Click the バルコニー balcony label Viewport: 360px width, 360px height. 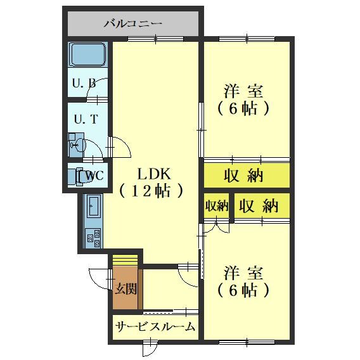click(x=133, y=24)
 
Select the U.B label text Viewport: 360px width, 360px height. click(x=84, y=83)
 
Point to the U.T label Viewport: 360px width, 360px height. click(x=85, y=119)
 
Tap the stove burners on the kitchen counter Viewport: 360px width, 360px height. click(x=93, y=238)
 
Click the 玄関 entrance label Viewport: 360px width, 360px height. click(x=126, y=289)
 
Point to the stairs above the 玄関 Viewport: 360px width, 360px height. click(x=125, y=260)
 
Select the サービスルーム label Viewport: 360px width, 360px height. click(x=155, y=327)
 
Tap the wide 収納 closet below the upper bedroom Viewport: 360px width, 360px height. click(x=244, y=176)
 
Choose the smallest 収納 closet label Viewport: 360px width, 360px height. click(x=216, y=206)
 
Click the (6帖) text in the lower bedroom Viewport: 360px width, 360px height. click(x=244, y=291)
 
